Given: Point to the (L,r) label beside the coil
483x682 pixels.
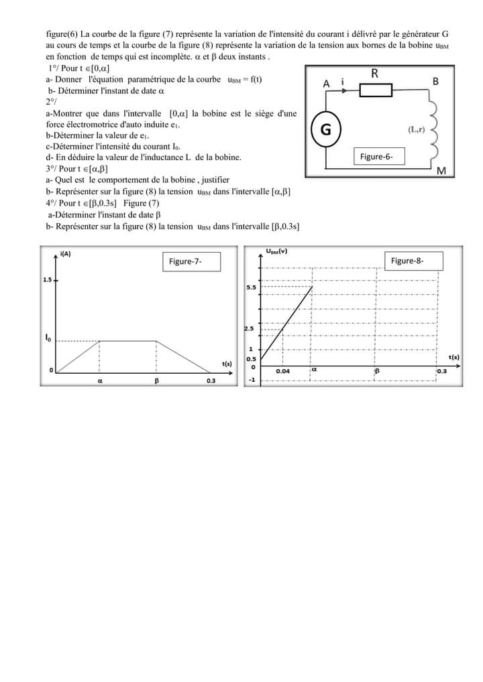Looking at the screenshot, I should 415,129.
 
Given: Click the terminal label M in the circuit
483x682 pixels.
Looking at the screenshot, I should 441,172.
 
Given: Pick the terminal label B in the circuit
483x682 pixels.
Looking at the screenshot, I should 435,82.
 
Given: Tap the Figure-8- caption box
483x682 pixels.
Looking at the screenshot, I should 413,261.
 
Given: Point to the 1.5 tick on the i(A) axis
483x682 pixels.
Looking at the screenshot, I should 47,280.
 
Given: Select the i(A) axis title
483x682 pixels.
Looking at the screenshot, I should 66,254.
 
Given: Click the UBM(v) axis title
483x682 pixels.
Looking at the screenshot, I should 276,251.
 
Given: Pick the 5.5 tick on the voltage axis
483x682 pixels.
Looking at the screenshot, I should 251,287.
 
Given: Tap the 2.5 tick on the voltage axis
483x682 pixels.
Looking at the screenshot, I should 250,328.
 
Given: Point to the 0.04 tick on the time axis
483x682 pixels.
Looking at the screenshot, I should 283,371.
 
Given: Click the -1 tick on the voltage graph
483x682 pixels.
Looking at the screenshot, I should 252,380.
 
